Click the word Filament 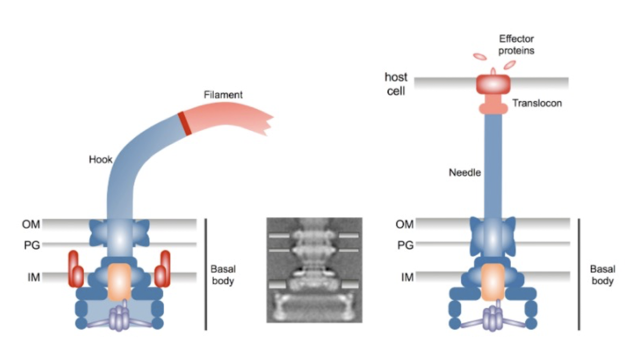pyautogui.click(x=223, y=95)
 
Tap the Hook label pyautogui.click(x=100, y=160)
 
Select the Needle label pyautogui.click(x=465, y=172)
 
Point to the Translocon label pyautogui.click(x=537, y=103)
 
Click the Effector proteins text pyautogui.click(x=517, y=44)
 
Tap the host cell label pyautogui.click(x=396, y=83)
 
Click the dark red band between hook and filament pyautogui.click(x=184, y=123)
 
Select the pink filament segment pyautogui.click(x=227, y=118)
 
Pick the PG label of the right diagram pyautogui.click(x=406, y=245)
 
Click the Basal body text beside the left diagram pyautogui.click(x=223, y=275)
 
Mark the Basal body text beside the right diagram pyautogui.click(x=602, y=275)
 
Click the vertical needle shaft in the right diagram pyautogui.click(x=492, y=164)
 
